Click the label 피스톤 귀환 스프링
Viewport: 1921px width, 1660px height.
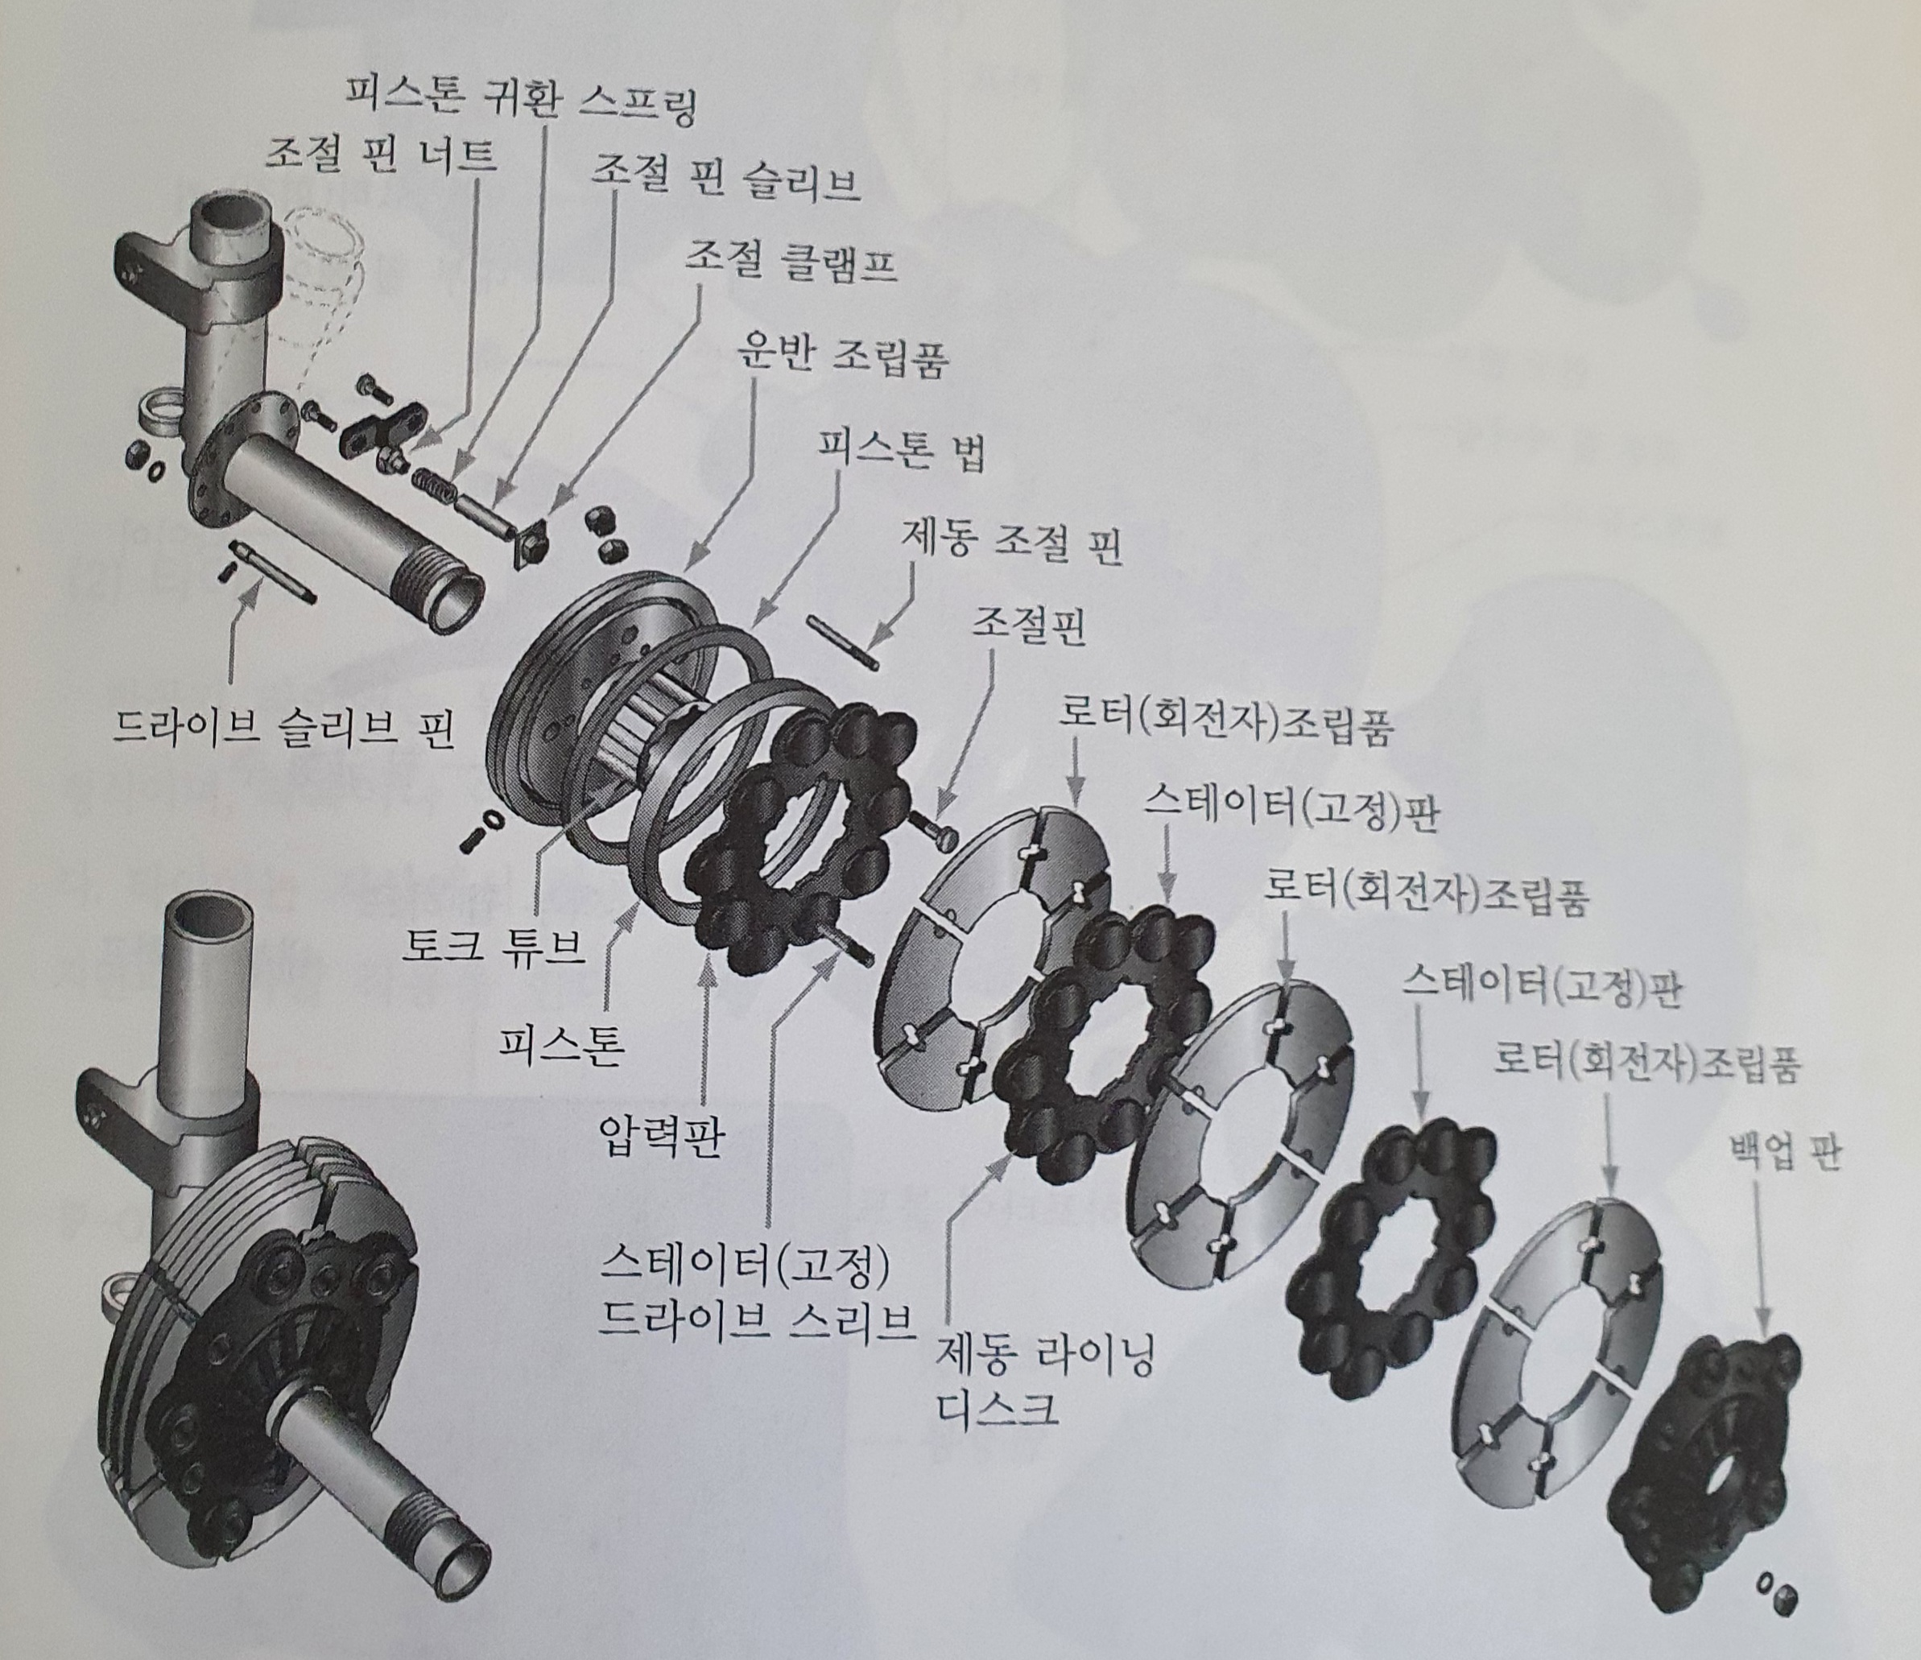coord(520,99)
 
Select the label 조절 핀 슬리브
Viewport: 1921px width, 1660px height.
coord(726,182)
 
